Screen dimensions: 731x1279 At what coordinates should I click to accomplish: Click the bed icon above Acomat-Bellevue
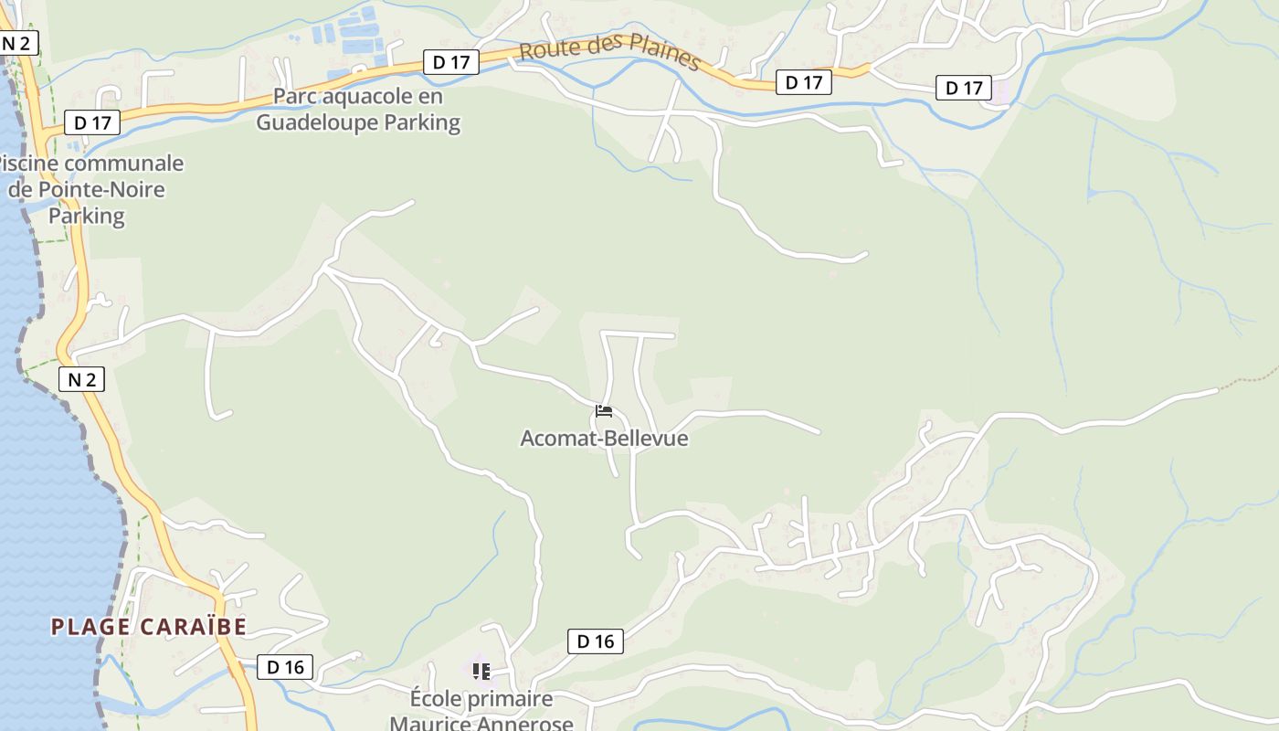pyautogui.click(x=603, y=411)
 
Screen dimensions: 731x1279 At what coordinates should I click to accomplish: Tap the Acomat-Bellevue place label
pyautogui.click(x=604, y=439)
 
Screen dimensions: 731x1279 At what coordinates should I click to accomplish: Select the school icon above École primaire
pyautogui.click(x=481, y=672)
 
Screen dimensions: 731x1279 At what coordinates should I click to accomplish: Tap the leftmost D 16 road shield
pyautogui.click(x=285, y=667)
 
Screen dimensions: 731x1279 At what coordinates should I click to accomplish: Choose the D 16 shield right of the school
pyautogui.click(x=596, y=641)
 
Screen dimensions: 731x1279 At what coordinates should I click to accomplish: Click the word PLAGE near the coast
pyautogui.click(x=90, y=627)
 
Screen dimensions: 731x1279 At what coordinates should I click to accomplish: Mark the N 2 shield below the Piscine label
pyautogui.click(x=81, y=379)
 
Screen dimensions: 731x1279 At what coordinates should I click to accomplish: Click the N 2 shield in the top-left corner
pyautogui.click(x=18, y=43)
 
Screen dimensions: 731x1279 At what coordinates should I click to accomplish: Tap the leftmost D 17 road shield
pyautogui.click(x=92, y=122)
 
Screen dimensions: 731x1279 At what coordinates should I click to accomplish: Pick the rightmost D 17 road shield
pyautogui.click(x=963, y=88)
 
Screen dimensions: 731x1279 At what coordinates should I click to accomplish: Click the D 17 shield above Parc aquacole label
pyautogui.click(x=451, y=62)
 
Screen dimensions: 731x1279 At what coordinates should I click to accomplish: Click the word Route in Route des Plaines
pyautogui.click(x=547, y=48)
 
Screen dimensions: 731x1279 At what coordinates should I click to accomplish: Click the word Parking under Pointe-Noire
pyautogui.click(x=86, y=216)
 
